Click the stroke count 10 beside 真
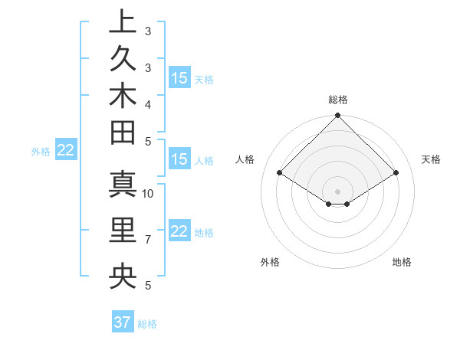tap(148, 193)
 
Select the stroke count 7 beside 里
tap(148, 240)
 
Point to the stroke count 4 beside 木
tap(148, 103)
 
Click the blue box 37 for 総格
tap(123, 322)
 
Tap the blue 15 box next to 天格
tap(179, 77)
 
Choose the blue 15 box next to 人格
tap(179, 159)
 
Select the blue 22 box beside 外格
tap(65, 150)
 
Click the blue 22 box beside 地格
tap(179, 231)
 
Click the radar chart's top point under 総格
tap(337, 116)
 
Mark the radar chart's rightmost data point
tap(396, 173)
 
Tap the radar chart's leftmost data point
tap(280, 173)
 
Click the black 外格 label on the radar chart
tap(270, 262)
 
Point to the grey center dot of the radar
tap(337, 191)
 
